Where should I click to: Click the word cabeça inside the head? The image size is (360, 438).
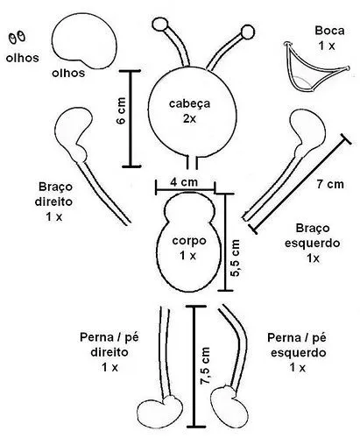tap(189, 103)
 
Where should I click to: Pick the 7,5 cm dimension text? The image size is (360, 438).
tap(205, 366)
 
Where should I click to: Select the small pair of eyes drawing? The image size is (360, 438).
tap(15, 38)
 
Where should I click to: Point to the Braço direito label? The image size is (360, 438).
tap(54, 201)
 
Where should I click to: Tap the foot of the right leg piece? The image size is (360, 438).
tap(159, 413)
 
